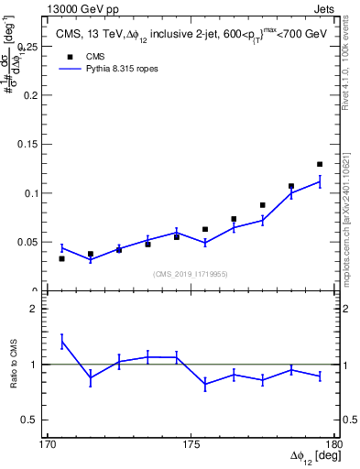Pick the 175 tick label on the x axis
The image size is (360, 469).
coord(191,444)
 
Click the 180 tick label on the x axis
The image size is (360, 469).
coord(334,444)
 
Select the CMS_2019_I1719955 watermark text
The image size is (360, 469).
coord(190,273)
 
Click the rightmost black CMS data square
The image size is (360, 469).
coord(320,164)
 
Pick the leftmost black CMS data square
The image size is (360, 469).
coord(61,258)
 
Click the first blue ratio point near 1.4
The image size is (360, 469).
coord(61,342)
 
